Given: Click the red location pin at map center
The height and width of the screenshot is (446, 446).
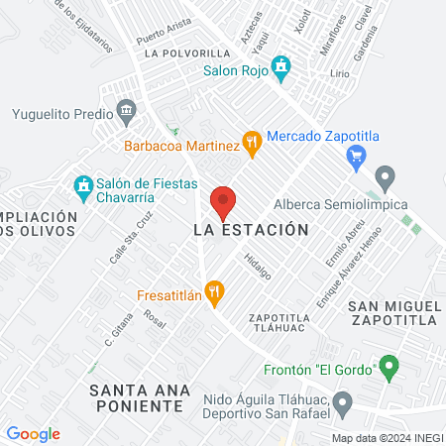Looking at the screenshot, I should pos(224,202).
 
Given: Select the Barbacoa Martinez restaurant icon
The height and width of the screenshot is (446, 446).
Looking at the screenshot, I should pos(253,143).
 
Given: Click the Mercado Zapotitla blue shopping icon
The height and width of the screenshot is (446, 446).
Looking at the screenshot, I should pos(359,154).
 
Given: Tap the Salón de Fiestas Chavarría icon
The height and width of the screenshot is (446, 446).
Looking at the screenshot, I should pos(83,185).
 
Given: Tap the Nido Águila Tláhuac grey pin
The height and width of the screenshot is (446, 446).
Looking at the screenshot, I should pos(343,403).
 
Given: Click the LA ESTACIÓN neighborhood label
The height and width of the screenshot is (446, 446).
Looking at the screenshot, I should pos(245,229).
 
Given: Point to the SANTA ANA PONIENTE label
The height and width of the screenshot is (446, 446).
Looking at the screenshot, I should pos(137,397).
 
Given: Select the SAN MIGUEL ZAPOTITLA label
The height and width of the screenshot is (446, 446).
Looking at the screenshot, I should pos(393,311).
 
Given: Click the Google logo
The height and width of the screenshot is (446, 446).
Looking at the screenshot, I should pos(34,433).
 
